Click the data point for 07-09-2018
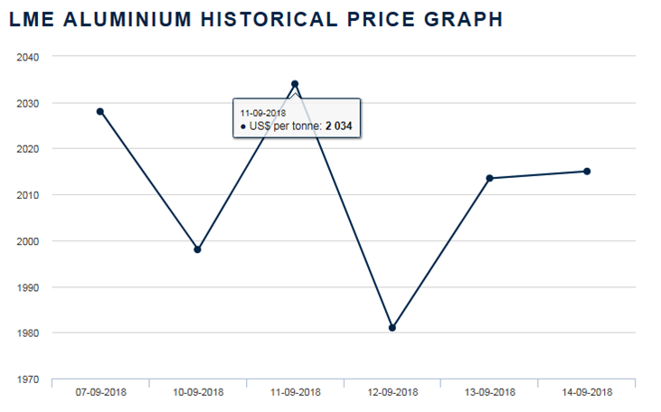pos(100,111)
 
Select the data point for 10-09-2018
pos(197,249)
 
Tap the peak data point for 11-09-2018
pos(295,84)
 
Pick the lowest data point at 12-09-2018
pos(392,328)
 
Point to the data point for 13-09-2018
pos(489,178)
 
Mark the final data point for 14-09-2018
pos(587,171)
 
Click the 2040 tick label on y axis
pos(27,57)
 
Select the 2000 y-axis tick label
pos(27,241)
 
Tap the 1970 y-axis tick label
pos(27,379)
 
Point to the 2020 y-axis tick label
pos(27,149)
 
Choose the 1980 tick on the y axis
pos(27,333)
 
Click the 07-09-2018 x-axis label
pos(100,393)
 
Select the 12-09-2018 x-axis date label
pos(392,393)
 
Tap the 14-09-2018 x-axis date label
pos(587,393)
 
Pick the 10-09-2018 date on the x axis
pos(197,393)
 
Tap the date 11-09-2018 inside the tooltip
pos(263,112)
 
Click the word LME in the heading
pos(31,19)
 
